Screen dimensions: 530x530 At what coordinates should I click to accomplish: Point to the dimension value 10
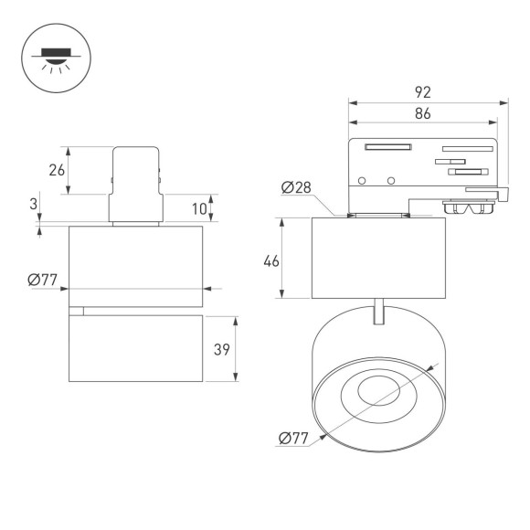click(x=198, y=208)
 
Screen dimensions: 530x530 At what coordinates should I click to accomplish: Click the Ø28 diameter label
click(x=297, y=188)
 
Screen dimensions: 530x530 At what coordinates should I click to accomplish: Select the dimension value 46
click(x=270, y=260)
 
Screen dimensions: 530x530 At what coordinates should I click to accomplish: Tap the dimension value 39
click(x=219, y=349)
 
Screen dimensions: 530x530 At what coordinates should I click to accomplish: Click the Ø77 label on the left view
click(x=43, y=281)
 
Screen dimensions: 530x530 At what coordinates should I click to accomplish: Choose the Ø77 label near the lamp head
click(x=294, y=439)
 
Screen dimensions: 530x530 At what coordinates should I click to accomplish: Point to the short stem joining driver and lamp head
click(x=378, y=311)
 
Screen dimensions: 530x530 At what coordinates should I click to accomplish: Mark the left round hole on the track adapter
click(x=363, y=179)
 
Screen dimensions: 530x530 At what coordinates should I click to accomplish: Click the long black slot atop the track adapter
click(x=388, y=146)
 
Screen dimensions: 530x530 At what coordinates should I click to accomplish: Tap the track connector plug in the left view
click(x=135, y=184)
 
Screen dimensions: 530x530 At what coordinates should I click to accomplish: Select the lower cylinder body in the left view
click(x=134, y=350)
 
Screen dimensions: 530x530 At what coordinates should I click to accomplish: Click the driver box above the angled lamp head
click(x=378, y=258)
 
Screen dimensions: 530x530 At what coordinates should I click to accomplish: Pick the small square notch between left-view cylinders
click(x=77, y=311)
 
